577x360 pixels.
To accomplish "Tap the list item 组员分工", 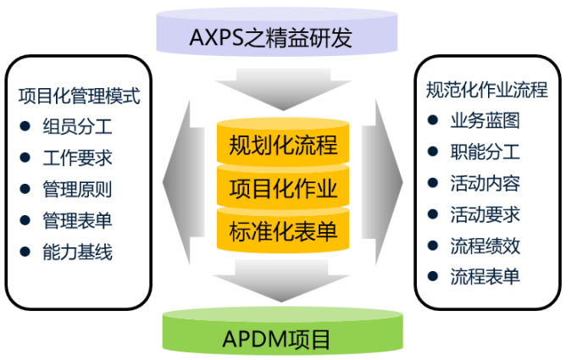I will click(x=77, y=127).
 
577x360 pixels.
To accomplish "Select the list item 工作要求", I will click(x=77, y=158).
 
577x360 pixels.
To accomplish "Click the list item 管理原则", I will click(x=77, y=190).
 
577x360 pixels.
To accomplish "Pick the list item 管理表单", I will click(x=77, y=221).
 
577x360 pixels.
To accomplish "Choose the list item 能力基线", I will click(x=77, y=252).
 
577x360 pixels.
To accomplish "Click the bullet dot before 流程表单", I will click(x=433, y=277).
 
